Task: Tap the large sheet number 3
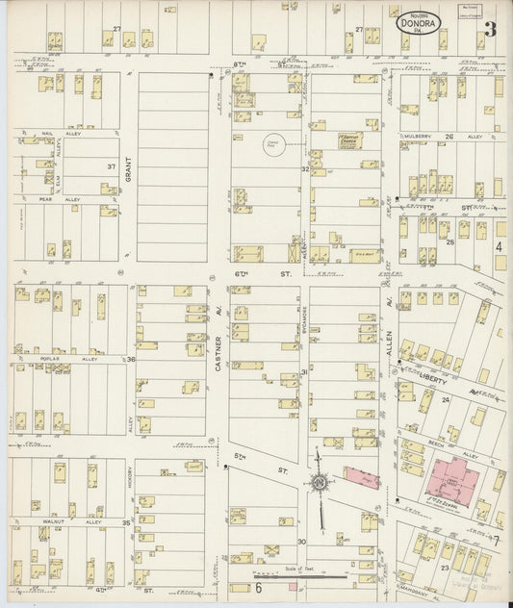(491, 28)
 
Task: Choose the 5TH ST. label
(254, 469)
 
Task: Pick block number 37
(112, 166)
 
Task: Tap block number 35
(126, 523)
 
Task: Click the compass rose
(318, 481)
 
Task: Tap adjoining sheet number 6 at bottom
(258, 587)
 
